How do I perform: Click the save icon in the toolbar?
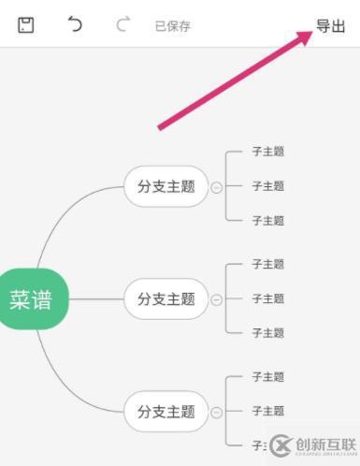pos(26,25)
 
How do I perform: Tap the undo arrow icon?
pos(75,25)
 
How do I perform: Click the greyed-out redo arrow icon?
pos(122,25)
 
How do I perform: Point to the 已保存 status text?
pos(172,26)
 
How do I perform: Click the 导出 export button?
pos(330,25)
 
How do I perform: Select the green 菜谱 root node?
pos(31,299)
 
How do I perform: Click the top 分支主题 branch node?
pos(166,186)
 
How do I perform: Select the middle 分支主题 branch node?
pos(166,299)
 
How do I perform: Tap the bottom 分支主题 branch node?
pos(166,411)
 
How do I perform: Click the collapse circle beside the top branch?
pos(217,187)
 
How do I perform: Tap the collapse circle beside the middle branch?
pos(217,299)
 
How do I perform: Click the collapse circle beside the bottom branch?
pos(217,412)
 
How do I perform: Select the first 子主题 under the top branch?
pos(267,151)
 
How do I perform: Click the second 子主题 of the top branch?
pos(267,186)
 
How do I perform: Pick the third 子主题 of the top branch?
pos(267,221)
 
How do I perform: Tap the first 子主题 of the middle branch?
pos(267,264)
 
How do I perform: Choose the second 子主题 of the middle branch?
pos(267,299)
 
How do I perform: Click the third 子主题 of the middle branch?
pos(267,333)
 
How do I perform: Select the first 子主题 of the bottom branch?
pos(267,376)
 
